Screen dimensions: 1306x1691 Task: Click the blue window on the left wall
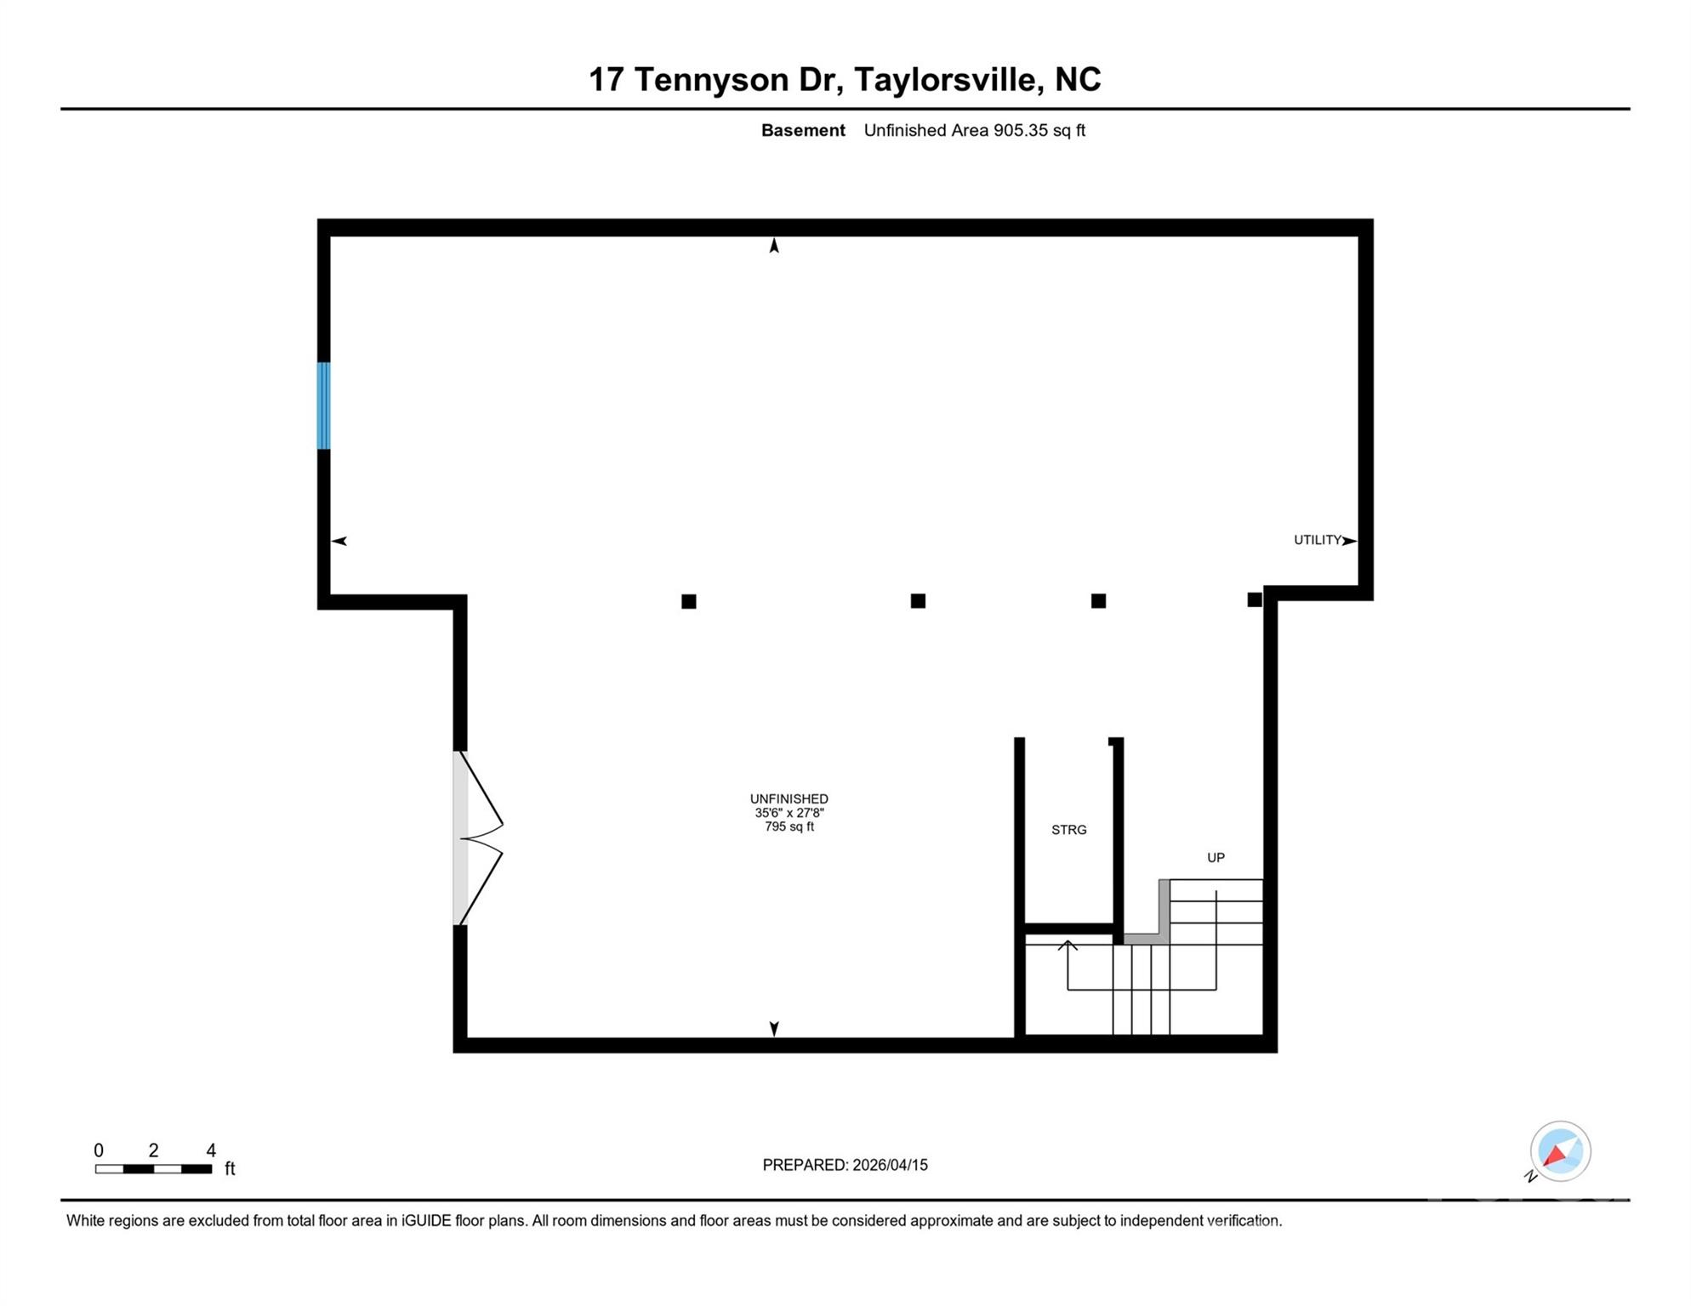click(323, 406)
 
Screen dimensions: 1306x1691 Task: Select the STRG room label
click(1068, 830)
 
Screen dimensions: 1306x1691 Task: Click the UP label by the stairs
click(1216, 857)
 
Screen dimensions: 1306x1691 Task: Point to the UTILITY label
click(1317, 540)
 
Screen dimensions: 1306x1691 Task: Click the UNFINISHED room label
click(789, 798)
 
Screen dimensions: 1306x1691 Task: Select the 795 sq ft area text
click(789, 826)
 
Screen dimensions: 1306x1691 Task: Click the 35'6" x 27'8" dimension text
click(789, 813)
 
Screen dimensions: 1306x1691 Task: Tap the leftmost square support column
click(689, 601)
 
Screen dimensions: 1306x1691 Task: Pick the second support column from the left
click(918, 601)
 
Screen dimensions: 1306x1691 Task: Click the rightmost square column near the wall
click(1254, 599)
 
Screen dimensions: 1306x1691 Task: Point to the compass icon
click(1560, 1151)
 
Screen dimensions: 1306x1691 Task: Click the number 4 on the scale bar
click(211, 1150)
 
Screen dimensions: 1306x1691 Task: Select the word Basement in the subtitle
click(803, 130)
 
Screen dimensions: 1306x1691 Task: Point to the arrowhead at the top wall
click(774, 246)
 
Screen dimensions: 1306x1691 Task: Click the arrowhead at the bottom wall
click(774, 1028)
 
